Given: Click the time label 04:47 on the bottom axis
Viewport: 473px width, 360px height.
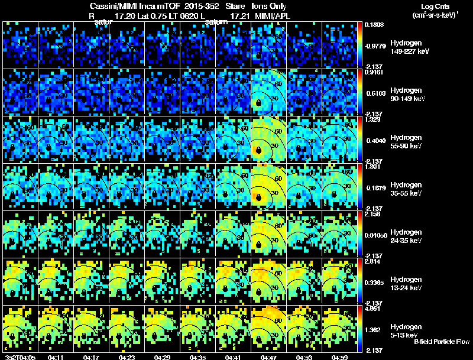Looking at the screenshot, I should click(269, 357).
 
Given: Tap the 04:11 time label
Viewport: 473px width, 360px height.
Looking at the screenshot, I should click(56, 357).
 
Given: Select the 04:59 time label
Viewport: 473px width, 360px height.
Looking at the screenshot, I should click(340, 357).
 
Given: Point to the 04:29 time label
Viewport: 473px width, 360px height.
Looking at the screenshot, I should click(163, 357).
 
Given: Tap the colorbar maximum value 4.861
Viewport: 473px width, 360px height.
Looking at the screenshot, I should click(374, 309).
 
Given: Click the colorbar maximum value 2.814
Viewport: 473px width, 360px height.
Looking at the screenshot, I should click(374, 261).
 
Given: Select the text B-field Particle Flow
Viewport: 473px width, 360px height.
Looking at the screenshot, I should click(442, 342).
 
